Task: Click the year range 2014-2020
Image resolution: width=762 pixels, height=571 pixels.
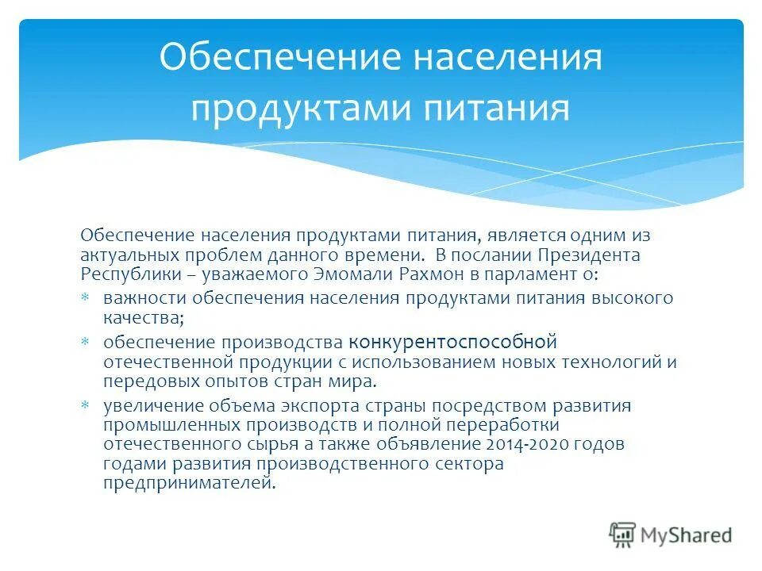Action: point(527,444)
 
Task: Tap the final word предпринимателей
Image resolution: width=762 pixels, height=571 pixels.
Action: point(190,483)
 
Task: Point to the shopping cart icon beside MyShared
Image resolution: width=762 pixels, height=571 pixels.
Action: point(623,535)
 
